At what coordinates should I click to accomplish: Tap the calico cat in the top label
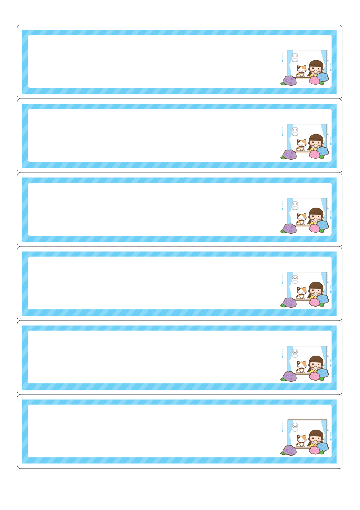301,70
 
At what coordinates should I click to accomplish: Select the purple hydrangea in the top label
289,80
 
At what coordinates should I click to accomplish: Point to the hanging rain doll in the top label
295,57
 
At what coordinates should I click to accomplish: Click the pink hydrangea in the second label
315,154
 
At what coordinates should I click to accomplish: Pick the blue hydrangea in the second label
323,151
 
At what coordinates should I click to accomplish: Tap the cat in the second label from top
301,144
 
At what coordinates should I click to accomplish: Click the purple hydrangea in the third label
289,228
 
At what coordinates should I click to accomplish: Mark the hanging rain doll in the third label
295,205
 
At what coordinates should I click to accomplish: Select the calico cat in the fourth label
301,292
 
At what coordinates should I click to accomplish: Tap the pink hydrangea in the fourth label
315,302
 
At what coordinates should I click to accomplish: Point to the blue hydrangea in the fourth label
323,299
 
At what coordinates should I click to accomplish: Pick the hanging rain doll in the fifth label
295,352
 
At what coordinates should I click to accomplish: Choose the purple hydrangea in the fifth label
289,376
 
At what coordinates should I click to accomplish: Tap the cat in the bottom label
301,440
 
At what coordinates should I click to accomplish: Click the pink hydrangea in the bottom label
315,450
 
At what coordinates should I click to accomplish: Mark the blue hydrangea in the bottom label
323,447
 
